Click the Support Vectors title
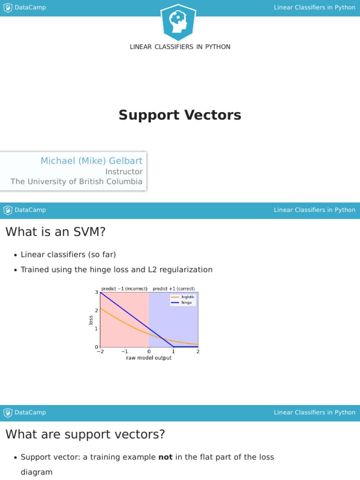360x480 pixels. coord(180,115)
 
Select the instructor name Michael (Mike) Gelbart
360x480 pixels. coord(91,161)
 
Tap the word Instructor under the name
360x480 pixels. coord(124,172)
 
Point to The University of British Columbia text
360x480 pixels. coord(76,181)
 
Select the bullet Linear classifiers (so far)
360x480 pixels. coord(68,255)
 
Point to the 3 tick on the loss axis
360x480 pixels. coord(97,292)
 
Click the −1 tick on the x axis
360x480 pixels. coord(124,352)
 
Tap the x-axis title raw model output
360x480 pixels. coord(149,358)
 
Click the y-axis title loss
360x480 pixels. coord(91,320)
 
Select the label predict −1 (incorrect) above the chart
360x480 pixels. coord(124,289)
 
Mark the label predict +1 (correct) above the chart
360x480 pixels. coord(173,289)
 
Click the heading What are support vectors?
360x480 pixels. coord(85,434)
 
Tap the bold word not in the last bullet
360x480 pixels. coord(165,457)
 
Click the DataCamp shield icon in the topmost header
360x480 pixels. coord(7,7)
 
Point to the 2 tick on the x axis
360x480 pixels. coord(198,352)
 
